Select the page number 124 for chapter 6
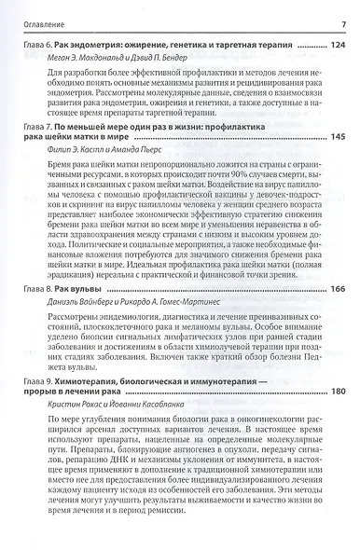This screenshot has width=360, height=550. tap(336, 44)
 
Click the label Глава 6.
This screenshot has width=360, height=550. tap(36, 45)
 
